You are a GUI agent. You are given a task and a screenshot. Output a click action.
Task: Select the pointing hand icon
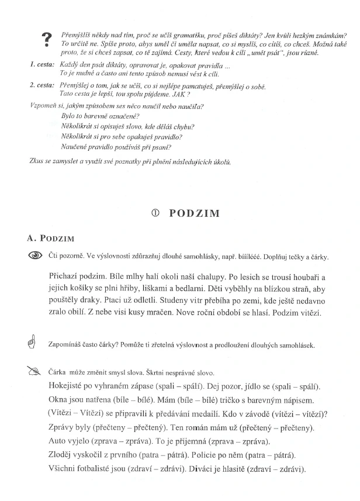[x=32, y=344]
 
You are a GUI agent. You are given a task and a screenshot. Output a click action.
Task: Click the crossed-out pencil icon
[x=33, y=371]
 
